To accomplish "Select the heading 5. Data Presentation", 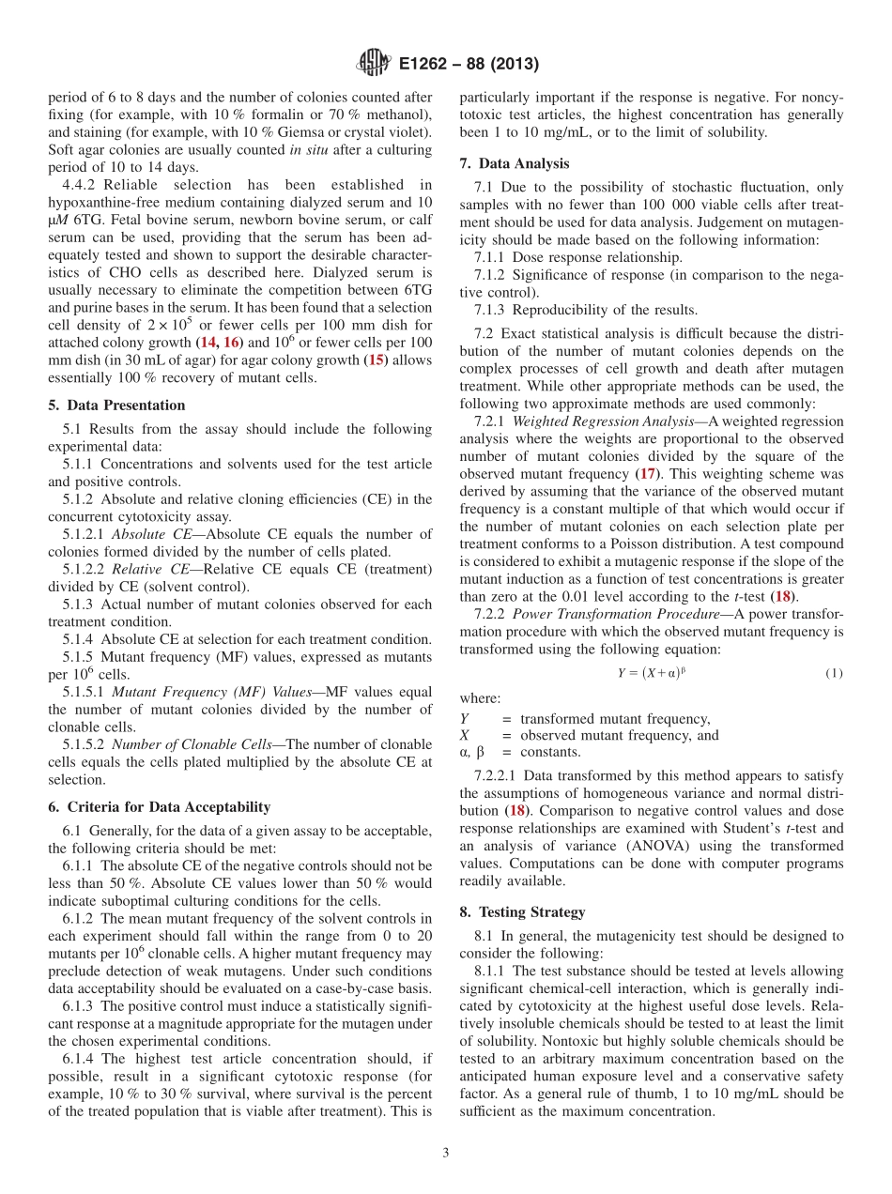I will click(x=116, y=406).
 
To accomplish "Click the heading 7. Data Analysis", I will click(x=515, y=163).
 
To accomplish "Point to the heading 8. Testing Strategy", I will click(x=522, y=911).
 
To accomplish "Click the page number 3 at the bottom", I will click(x=446, y=1153).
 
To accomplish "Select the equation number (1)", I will click(x=835, y=673).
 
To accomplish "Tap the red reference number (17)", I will click(x=647, y=474).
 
